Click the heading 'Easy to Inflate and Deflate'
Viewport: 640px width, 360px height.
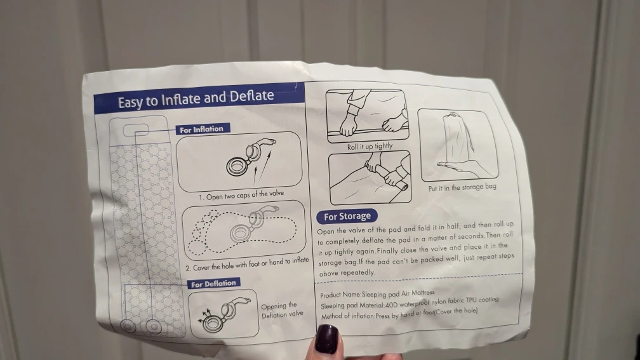click(196, 99)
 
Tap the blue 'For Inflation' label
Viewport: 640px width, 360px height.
click(203, 130)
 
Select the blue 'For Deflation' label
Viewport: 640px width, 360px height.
click(213, 284)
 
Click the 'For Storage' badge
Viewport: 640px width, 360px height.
click(347, 217)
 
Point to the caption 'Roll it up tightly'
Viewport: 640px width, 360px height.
click(370, 146)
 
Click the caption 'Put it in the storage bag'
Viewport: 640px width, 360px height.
click(462, 187)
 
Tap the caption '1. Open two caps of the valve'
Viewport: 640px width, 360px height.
click(241, 195)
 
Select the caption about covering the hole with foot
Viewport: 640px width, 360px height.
click(247, 264)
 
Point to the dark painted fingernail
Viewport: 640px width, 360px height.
click(328, 339)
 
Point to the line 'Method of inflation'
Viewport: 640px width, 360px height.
click(399, 314)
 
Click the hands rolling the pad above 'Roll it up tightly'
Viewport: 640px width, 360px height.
click(368, 116)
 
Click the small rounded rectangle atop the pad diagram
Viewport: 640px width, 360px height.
click(136, 131)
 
